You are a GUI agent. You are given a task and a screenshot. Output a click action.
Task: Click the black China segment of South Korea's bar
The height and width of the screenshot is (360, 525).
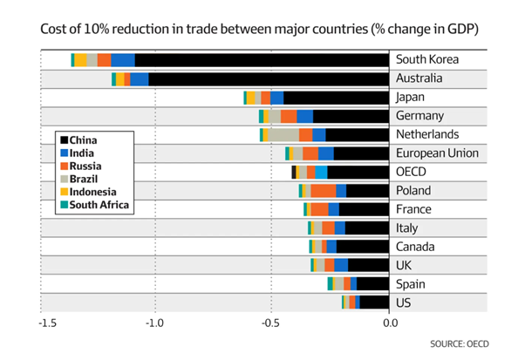[262, 59]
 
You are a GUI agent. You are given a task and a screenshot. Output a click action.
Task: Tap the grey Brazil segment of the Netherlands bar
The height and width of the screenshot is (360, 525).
[283, 134]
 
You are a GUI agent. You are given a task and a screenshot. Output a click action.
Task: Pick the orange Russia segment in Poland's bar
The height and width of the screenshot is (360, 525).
[323, 191]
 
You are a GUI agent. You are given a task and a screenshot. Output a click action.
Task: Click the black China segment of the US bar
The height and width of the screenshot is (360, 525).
[373, 302]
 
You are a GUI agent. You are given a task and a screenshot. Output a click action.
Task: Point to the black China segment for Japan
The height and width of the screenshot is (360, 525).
[336, 97]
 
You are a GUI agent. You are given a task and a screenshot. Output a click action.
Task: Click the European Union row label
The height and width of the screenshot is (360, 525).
[437, 153]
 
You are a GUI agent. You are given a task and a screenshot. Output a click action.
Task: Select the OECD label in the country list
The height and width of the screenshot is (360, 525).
[411, 172]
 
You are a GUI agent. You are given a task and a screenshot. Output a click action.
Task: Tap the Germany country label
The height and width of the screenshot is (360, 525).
[420, 116]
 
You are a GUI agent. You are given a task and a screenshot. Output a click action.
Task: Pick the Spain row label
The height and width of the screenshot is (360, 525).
[410, 284]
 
